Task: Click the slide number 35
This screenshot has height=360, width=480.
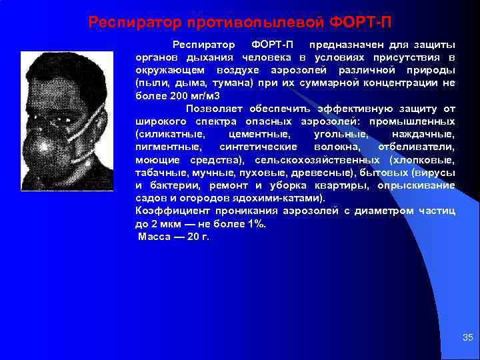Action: click(467, 338)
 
